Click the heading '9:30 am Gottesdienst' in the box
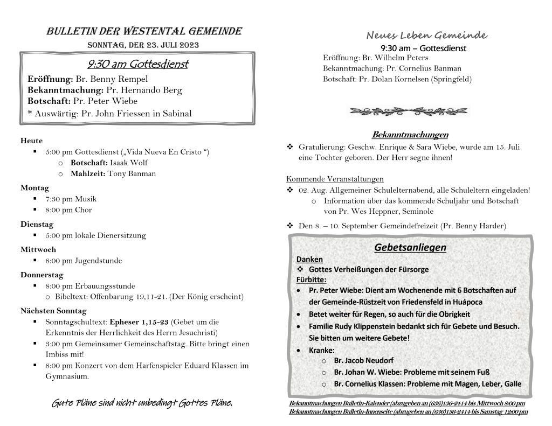coord(137,65)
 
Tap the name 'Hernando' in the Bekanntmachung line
coord(146,90)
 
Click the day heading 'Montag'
coord(34,187)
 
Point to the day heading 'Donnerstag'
coord(42,275)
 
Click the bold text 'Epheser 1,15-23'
coord(139,322)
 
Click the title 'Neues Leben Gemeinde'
coord(426,36)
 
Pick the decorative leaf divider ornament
coord(409,111)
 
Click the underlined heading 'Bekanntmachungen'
coord(410,134)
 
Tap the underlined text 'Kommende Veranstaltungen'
coord(335,179)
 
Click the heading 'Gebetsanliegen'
coord(410,248)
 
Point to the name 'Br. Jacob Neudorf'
coord(364,360)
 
